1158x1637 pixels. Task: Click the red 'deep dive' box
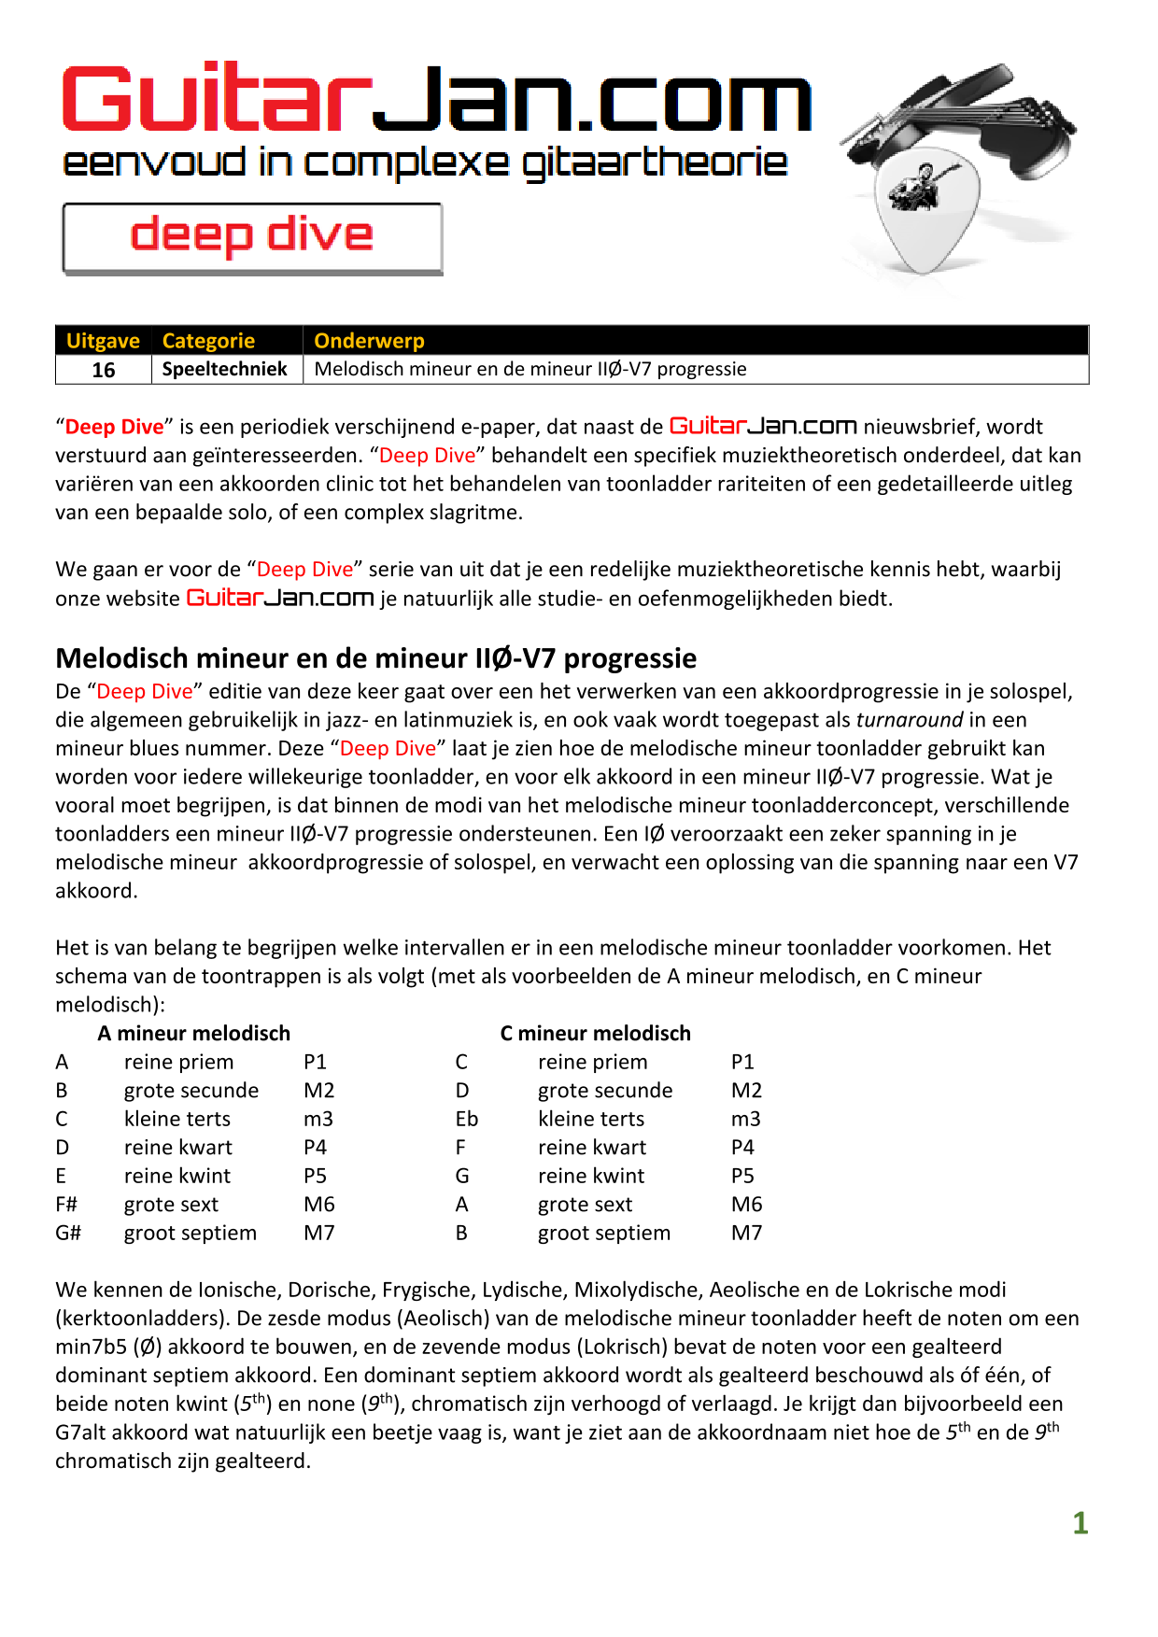[252, 237]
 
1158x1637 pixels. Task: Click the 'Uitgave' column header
[103, 341]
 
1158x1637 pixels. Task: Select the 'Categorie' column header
[208, 341]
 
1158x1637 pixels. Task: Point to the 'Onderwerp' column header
[369, 341]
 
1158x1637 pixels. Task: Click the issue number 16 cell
[104, 370]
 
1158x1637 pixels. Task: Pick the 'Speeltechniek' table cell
[225, 369]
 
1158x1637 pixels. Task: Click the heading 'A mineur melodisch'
[194, 1034]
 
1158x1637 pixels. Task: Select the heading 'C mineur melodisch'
[595, 1034]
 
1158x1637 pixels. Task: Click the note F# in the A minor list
[66, 1205]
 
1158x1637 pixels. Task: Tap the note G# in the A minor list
[68, 1234]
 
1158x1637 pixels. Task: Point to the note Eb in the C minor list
[467, 1120]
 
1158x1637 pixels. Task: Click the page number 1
[1080, 1523]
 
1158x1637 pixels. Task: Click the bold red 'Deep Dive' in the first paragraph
[114, 427]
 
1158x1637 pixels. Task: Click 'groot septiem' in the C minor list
[604, 1234]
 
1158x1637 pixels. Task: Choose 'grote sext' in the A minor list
[171, 1205]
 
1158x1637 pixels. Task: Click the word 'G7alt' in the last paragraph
[81, 1432]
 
